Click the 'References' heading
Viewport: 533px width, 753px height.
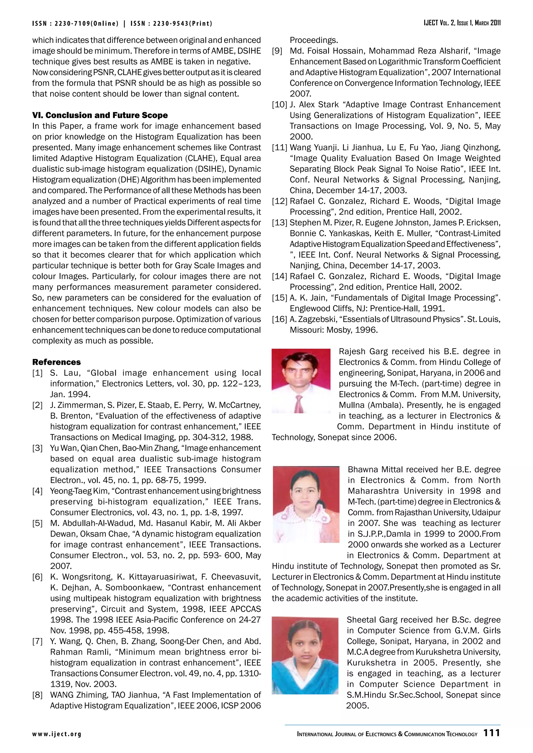(x=56, y=362)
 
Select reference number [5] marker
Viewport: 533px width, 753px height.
(x=37, y=523)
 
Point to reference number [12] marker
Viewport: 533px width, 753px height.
(x=280, y=201)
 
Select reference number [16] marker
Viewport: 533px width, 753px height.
(x=280, y=320)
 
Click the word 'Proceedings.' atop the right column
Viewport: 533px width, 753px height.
(x=313, y=40)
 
